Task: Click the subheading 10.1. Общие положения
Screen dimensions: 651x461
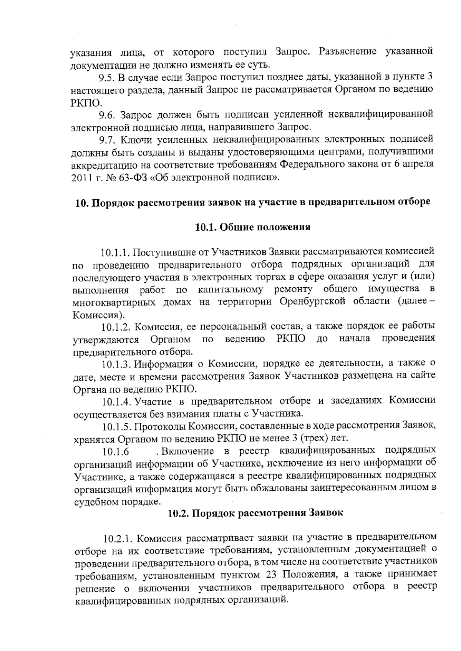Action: click(x=253, y=227)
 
